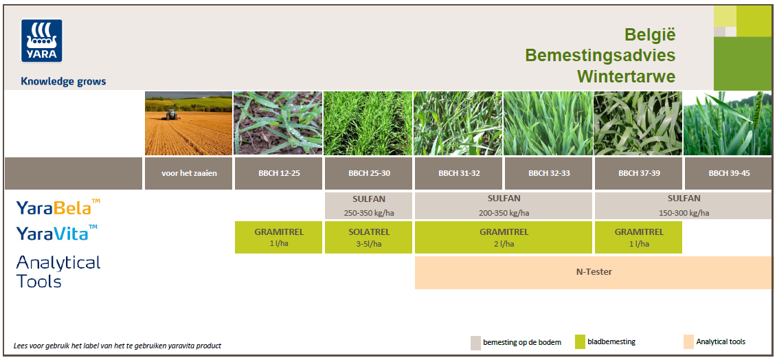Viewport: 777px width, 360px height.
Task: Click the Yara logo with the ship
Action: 42,41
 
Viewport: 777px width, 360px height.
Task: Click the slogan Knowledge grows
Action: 63,81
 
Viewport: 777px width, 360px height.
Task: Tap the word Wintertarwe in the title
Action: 627,77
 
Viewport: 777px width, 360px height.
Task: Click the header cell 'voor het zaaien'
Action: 189,174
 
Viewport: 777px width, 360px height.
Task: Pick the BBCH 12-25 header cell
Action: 278,174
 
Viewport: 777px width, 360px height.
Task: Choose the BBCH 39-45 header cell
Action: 728,174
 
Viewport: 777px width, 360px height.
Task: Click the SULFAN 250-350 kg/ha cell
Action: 368,206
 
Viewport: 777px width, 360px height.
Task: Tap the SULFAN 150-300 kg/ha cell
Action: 684,206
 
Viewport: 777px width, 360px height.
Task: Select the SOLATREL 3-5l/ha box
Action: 368,237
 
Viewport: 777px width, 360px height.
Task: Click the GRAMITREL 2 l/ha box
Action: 504,237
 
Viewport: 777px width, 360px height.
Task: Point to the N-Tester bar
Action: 593,272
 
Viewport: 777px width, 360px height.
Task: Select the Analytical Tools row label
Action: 58,272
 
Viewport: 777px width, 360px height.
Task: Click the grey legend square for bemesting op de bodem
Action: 475,343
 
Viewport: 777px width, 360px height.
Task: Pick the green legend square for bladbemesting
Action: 581,342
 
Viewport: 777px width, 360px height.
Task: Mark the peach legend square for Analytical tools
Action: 688,342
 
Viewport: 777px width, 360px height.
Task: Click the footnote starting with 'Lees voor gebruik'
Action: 117,346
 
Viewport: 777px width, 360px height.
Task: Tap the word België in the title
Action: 650,35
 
